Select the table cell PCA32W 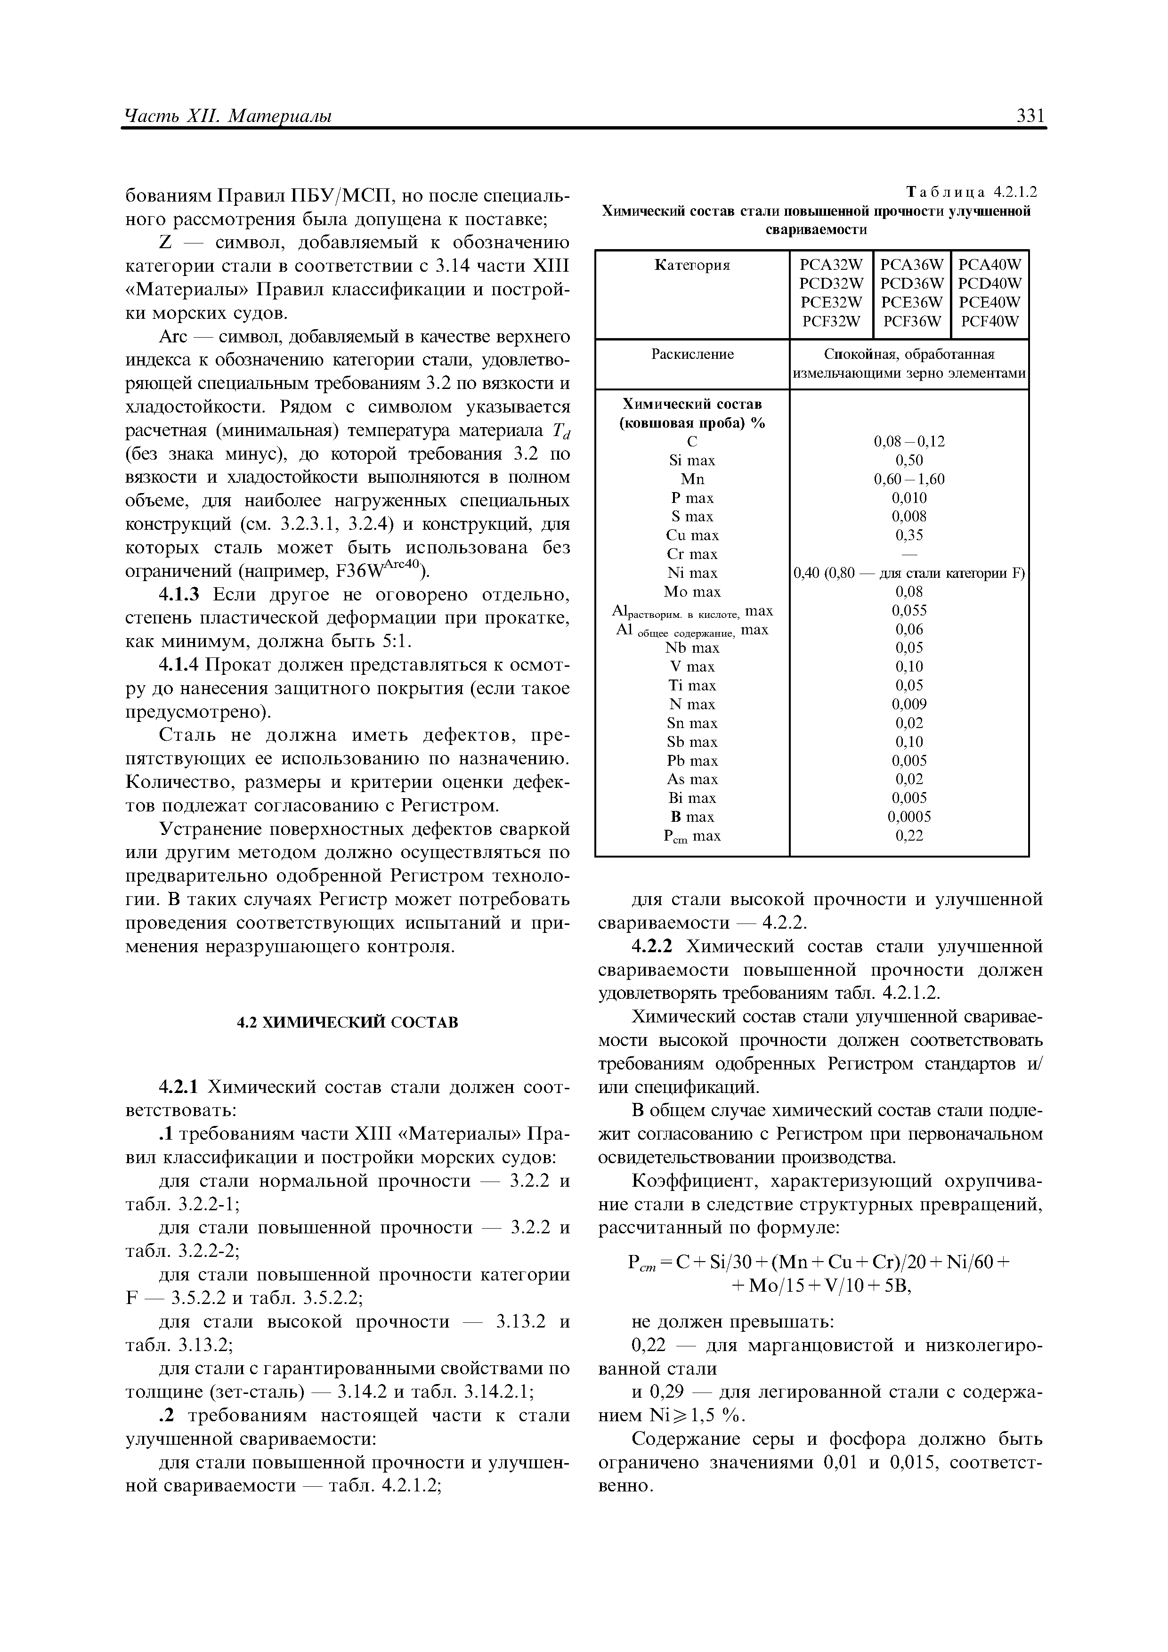(831, 265)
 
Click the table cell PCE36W (911, 303)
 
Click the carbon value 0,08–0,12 (909, 442)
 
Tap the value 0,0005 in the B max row (909, 817)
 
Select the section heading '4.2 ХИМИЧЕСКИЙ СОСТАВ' (348, 1022)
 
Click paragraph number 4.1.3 (184, 595)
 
